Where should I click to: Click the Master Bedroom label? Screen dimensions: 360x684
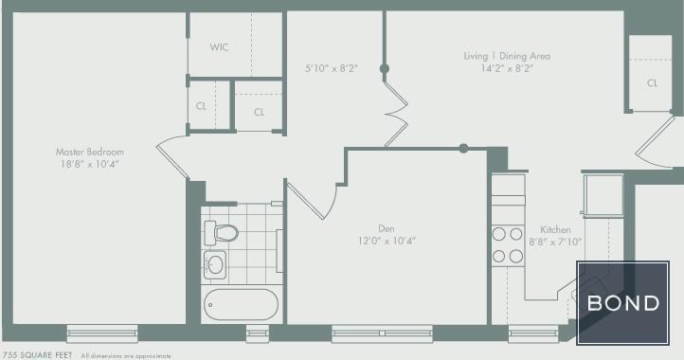90,152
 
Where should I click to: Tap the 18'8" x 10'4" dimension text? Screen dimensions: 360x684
90,164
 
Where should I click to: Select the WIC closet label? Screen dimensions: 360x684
219,46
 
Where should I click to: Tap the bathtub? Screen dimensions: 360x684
241,306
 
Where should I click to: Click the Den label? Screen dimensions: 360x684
386,228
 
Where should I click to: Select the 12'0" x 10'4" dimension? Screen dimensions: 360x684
386,241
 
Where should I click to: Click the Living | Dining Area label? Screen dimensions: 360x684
507,56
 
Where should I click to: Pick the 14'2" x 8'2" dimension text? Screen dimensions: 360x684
507,68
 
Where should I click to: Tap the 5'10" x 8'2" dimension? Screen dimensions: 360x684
330,68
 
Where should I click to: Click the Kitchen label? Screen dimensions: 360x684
555,230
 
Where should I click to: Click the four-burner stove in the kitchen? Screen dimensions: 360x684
508,245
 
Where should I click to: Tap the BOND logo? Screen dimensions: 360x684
623,304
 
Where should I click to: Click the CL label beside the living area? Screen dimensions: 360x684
653,83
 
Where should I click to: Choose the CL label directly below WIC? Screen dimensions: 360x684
202,106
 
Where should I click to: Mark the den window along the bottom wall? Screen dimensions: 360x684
383,333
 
